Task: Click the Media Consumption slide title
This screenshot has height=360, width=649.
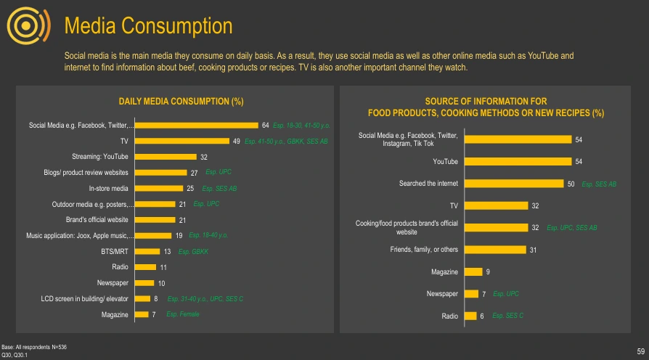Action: (148, 26)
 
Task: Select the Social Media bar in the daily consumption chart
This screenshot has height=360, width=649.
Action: (197, 126)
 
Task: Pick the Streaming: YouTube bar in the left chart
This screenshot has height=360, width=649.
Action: (166, 157)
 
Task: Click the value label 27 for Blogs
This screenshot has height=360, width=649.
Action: (194, 173)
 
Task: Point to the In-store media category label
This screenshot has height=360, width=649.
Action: (108, 188)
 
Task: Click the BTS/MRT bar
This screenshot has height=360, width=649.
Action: (147, 251)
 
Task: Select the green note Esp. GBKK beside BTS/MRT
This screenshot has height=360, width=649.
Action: (194, 251)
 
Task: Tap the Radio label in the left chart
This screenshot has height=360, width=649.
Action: (119, 267)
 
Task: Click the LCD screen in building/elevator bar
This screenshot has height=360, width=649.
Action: (144, 298)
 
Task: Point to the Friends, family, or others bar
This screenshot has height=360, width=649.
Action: (495, 250)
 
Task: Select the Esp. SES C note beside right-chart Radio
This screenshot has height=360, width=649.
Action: (508, 316)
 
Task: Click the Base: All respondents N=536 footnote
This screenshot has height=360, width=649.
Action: (34, 348)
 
